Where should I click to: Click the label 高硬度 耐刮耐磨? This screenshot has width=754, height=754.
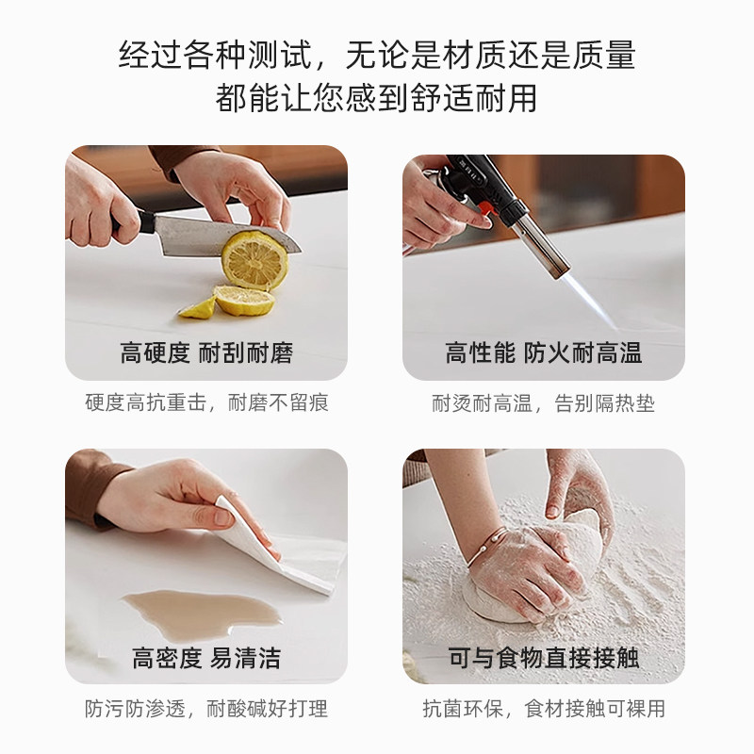[x=206, y=354]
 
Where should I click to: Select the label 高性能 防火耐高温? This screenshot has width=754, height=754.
[x=544, y=354]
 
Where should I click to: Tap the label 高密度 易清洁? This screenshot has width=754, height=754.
[x=206, y=657]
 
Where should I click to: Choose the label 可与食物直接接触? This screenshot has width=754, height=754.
[x=544, y=657]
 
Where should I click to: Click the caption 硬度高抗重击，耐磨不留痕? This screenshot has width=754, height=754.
[x=206, y=403]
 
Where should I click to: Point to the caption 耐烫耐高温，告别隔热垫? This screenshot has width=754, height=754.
[x=544, y=403]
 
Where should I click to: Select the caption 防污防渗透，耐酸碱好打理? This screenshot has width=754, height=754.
[x=206, y=708]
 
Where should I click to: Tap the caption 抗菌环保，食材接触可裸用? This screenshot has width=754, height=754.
[x=544, y=708]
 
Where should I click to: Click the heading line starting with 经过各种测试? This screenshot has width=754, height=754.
[x=377, y=55]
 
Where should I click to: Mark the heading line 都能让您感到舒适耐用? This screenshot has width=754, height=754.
[x=377, y=97]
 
